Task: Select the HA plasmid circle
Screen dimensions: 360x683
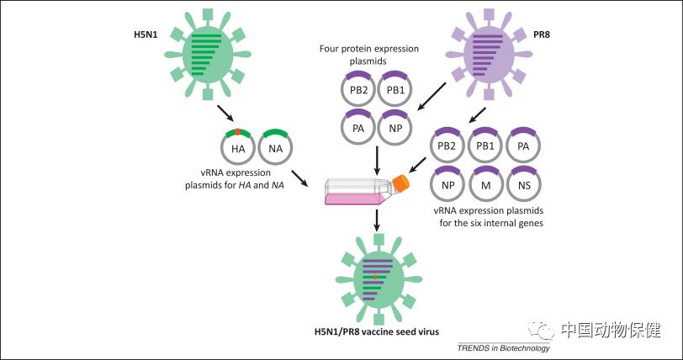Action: pyautogui.click(x=238, y=148)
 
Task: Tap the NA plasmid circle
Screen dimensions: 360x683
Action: pyautogui.click(x=276, y=148)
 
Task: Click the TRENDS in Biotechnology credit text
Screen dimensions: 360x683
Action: pyautogui.click(x=503, y=348)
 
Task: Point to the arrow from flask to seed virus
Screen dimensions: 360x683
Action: pyautogui.click(x=377, y=221)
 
